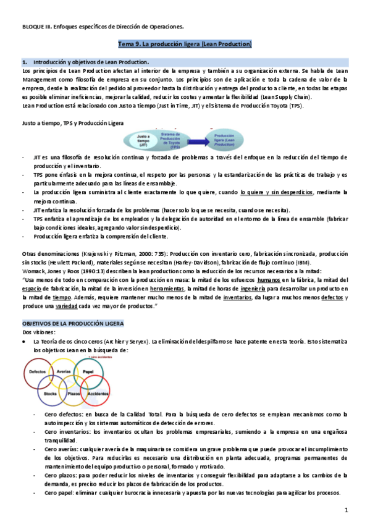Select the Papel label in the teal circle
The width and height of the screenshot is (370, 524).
(89, 371)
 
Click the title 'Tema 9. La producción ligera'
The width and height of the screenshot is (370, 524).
(185, 44)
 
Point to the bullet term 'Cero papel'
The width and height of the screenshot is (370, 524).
(61, 492)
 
